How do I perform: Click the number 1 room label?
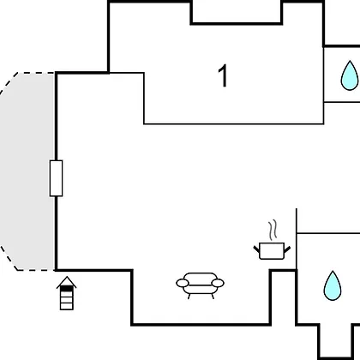point(223,75)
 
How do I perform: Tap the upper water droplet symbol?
point(350,75)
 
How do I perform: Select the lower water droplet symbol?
point(333,285)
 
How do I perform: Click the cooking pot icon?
point(272,250)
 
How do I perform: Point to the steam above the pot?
point(273,230)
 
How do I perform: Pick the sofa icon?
point(200,285)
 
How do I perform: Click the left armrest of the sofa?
point(183,283)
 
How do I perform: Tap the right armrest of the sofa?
point(218,283)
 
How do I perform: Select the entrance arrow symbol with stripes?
point(67,293)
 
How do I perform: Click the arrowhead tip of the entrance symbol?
point(67,277)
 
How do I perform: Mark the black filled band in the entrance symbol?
point(67,289)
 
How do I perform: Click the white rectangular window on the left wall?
point(56,178)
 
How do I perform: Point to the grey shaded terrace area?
point(27,171)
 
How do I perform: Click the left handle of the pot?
point(256,249)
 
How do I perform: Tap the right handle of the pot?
point(287,249)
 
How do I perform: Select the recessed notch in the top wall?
point(237,12)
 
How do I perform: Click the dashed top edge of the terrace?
point(36,73)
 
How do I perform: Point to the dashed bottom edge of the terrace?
point(36,270)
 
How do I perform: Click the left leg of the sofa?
point(189,297)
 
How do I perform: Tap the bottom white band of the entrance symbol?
point(67,307)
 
